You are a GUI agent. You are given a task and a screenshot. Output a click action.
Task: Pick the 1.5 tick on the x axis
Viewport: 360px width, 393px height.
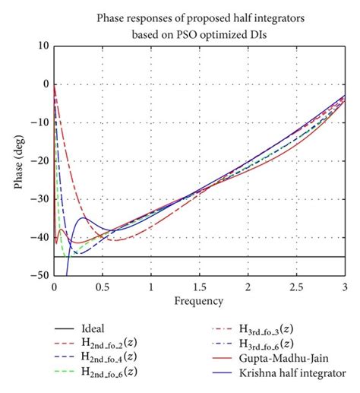200,288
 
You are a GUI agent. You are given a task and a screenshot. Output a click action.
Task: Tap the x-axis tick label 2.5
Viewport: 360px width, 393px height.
297,288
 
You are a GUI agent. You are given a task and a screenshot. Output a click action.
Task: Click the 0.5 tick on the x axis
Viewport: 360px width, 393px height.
103,288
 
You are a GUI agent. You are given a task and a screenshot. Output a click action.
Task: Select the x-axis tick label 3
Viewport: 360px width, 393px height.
345,288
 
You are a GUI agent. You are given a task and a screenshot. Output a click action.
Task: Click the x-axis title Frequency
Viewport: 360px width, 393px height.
199,301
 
